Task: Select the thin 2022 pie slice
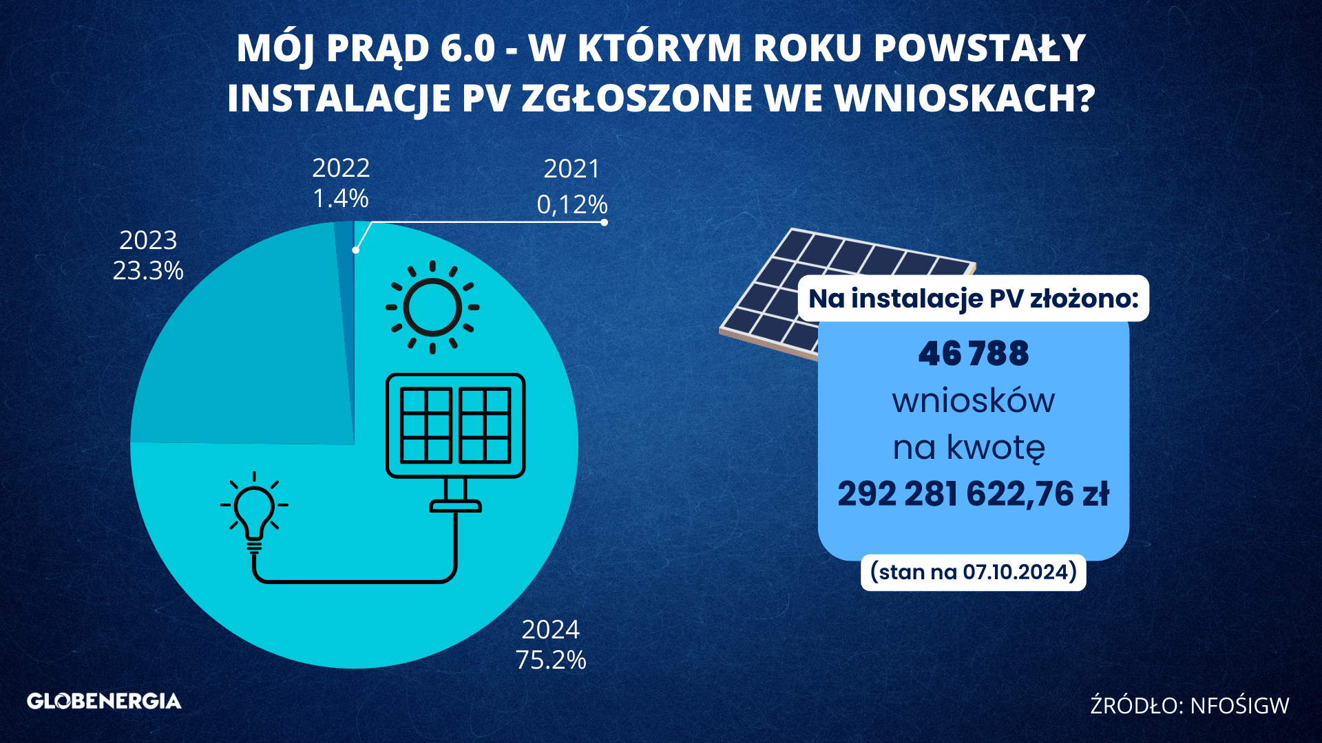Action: point(344,275)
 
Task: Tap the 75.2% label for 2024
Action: point(551,660)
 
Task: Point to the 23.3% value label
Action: point(148,270)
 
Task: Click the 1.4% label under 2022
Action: point(341,198)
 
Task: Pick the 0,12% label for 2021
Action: point(572,204)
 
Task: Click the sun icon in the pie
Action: point(432,308)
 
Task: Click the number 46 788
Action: point(974,354)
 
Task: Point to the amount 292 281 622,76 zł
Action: point(974,494)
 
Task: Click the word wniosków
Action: point(974,400)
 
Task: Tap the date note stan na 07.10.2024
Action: point(974,572)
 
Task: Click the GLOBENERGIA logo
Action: point(104,701)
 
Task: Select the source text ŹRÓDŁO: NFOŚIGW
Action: point(1190,704)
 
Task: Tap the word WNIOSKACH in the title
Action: point(964,98)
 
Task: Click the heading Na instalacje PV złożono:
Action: point(974,299)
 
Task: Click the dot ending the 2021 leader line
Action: point(605,222)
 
